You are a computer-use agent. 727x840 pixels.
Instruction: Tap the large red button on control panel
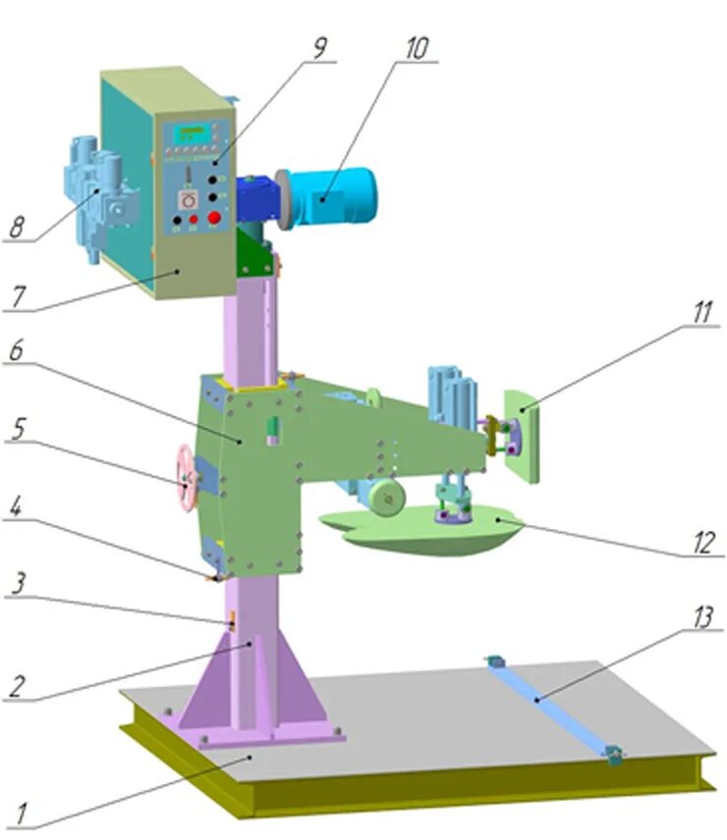pyautogui.click(x=212, y=219)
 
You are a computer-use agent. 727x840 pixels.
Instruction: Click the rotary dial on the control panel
pyautogui.click(x=182, y=197)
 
